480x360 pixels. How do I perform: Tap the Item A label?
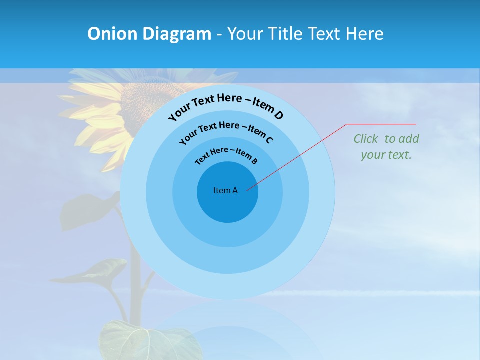point(225,190)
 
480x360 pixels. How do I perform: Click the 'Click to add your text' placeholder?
point(386,147)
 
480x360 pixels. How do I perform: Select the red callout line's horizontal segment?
point(381,124)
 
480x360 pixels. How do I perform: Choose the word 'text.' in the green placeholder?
point(400,155)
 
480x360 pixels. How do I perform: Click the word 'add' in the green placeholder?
point(408,139)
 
